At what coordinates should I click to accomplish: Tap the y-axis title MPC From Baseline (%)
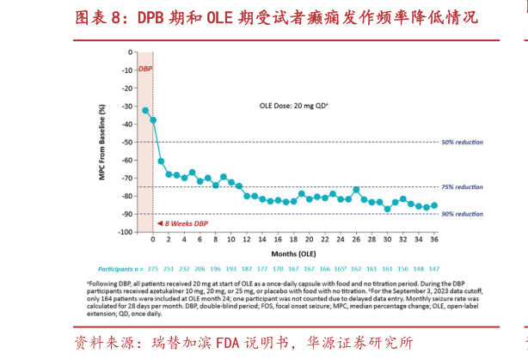102,143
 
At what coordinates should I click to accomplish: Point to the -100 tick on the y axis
125,232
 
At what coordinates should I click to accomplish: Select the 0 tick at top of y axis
130,52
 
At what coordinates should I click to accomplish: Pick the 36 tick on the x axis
433,241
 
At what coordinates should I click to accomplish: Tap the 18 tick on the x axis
293,241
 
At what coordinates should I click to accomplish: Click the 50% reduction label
462,142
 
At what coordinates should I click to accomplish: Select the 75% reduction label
462,186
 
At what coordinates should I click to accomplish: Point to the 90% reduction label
462,213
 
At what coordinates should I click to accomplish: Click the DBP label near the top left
145,67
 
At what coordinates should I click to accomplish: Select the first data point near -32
145,110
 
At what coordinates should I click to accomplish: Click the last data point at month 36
433,205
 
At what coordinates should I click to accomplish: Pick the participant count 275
155,268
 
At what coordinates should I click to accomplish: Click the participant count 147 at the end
433,268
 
